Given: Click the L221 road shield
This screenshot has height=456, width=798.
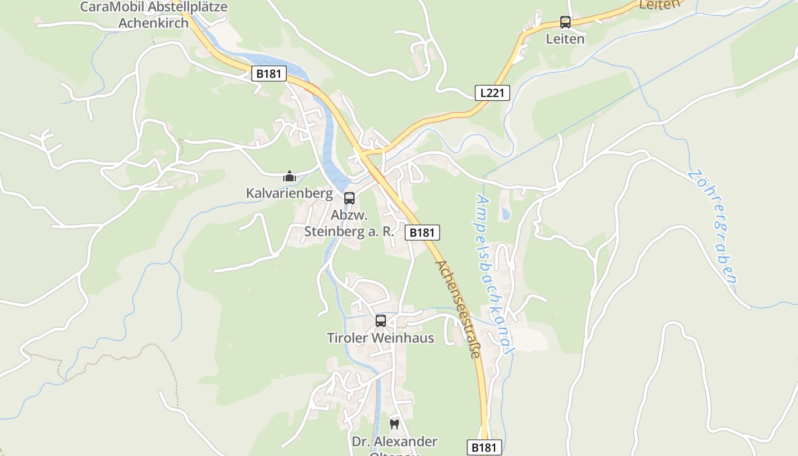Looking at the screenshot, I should (x=492, y=92).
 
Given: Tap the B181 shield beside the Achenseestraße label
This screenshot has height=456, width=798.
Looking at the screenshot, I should (x=422, y=232).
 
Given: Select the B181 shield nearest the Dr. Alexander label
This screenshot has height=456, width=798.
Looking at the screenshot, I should (x=484, y=447).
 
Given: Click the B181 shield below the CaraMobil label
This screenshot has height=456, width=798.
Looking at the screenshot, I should (x=268, y=74).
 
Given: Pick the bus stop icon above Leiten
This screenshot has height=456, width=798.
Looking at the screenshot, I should (x=565, y=22).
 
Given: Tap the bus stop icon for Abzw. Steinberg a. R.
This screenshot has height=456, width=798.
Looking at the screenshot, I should (x=349, y=198).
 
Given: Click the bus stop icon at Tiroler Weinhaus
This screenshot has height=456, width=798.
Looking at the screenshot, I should (x=380, y=321).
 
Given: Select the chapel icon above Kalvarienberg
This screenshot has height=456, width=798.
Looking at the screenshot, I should (x=290, y=177).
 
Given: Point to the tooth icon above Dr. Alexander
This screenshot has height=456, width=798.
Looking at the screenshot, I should (x=393, y=424).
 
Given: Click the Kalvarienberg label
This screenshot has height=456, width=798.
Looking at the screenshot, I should (x=289, y=193).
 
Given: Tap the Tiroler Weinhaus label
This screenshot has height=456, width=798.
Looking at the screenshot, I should (x=380, y=338).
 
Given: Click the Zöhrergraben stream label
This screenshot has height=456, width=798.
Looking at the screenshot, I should (x=713, y=226).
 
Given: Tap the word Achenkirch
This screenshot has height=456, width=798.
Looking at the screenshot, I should (x=153, y=23).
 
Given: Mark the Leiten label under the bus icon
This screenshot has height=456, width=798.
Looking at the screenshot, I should (x=565, y=39).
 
